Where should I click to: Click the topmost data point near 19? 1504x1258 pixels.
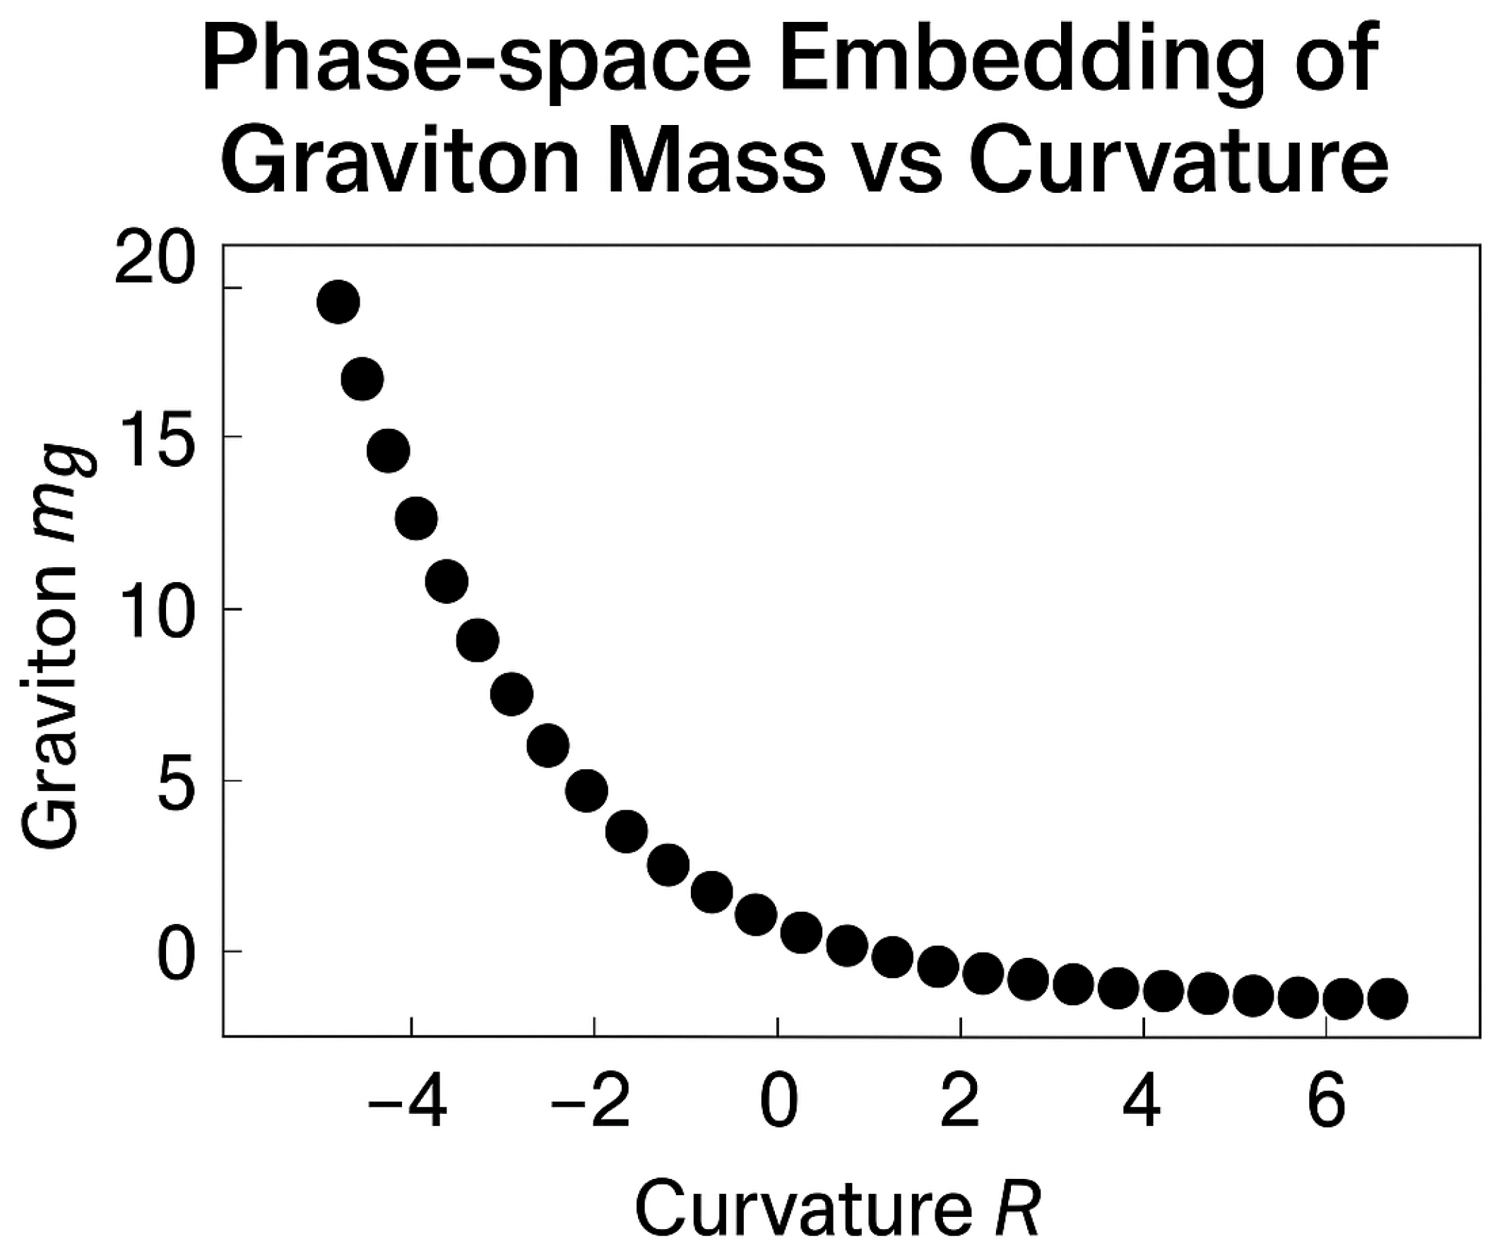pos(338,302)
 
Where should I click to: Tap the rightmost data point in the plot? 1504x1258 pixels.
pos(1388,999)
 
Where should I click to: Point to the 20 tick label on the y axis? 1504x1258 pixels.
pos(155,263)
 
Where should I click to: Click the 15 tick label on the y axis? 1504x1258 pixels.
pos(155,438)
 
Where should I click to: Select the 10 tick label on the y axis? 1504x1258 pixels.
pos(155,610)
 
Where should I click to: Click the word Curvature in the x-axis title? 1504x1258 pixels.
pos(802,1210)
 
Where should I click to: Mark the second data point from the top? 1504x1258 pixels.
pos(362,379)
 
